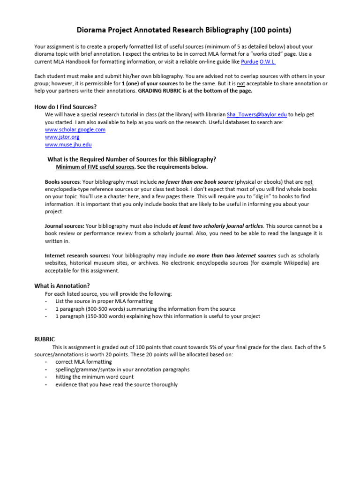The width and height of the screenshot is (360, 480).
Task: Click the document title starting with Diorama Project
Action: (183, 30)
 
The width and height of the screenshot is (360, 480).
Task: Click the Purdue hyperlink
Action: (249, 62)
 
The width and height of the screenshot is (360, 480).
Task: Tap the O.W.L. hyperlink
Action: (268, 62)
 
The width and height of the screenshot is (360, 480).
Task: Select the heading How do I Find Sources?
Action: (66, 107)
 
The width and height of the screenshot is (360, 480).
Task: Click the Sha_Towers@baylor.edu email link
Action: (256, 114)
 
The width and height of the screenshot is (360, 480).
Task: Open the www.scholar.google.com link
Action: (75, 129)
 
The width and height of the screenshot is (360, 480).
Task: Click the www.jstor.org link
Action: (62, 137)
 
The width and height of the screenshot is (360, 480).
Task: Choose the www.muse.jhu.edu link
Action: (68, 145)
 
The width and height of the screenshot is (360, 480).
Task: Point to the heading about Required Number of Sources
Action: (132, 159)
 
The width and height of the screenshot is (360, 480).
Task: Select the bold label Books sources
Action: (62, 182)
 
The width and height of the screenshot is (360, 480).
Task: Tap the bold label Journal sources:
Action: (64, 226)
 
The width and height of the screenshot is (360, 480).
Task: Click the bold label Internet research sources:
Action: (77, 255)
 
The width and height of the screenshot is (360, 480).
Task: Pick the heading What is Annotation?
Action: (62, 285)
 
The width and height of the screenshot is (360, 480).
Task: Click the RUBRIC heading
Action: (45, 339)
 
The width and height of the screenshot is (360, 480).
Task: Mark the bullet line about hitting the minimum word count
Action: (94, 377)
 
